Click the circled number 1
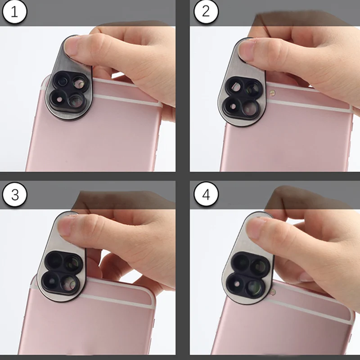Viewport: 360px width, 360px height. click(x=15, y=12)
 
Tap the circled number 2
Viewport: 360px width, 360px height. click(x=206, y=12)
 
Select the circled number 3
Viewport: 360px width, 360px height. click(x=15, y=195)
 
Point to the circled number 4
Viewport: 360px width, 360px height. click(x=206, y=195)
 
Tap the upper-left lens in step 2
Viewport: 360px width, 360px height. click(x=235, y=85)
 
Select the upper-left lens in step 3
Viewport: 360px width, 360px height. click(x=56, y=260)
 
